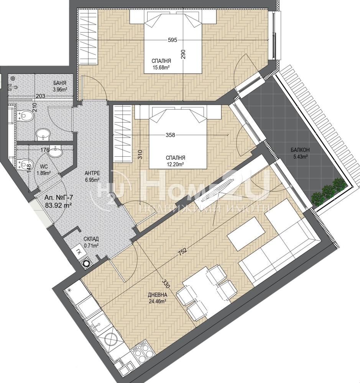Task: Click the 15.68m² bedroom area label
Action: point(161,68)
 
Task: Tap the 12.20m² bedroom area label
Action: point(175,165)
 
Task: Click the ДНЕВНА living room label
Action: point(158,295)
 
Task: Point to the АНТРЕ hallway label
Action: point(92,173)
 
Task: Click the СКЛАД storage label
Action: point(91,239)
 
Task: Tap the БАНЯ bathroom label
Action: point(60,83)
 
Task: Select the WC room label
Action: point(44,167)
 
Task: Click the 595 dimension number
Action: point(173,40)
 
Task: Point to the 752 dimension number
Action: point(183,251)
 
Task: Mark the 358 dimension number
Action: point(170,135)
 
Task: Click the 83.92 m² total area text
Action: point(58,205)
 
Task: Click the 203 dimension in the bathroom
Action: point(40,96)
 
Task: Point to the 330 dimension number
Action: point(166,284)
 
